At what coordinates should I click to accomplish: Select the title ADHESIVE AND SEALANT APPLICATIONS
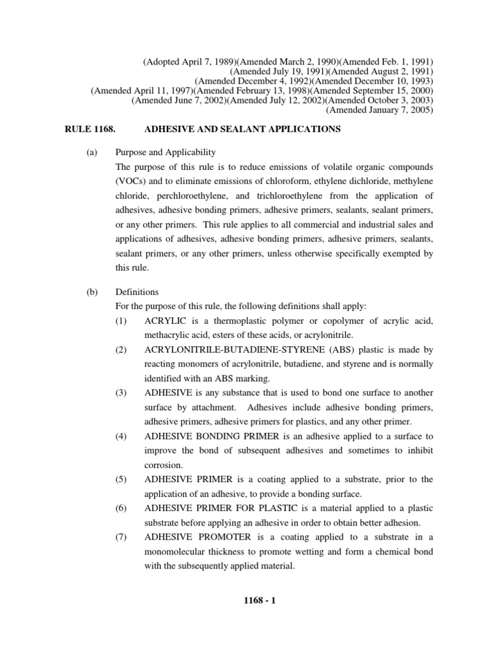click(243, 129)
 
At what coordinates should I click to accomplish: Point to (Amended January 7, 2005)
click(380, 109)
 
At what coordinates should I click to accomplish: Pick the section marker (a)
click(91, 153)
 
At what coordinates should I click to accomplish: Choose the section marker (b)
click(91, 292)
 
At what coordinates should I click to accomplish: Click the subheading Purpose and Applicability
click(166, 153)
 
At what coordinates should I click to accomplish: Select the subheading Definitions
click(136, 292)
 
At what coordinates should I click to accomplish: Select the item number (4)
click(121, 436)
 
